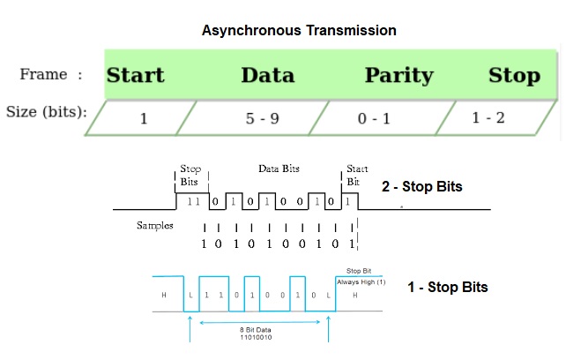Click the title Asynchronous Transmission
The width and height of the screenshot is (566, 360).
(x=299, y=30)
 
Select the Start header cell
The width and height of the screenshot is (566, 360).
(x=135, y=74)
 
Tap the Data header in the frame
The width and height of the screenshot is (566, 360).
(x=267, y=74)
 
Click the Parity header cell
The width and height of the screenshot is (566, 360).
(x=398, y=74)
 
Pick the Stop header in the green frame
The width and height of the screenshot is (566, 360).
(x=514, y=74)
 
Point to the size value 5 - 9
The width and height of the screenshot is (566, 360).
(x=263, y=118)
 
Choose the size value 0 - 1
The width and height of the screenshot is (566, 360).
(x=374, y=118)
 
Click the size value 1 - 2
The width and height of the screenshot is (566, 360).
(x=488, y=116)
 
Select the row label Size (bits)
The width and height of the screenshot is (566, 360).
(x=46, y=112)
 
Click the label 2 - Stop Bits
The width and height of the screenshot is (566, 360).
(x=421, y=187)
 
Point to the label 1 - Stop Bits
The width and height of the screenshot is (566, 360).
(x=447, y=287)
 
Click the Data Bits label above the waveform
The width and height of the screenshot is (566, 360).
(x=279, y=168)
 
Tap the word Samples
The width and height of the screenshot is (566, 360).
(x=154, y=226)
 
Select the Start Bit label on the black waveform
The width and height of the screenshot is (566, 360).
(x=357, y=175)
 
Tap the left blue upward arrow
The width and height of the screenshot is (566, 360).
(x=190, y=328)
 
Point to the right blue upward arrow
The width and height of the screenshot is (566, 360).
(x=329, y=328)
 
